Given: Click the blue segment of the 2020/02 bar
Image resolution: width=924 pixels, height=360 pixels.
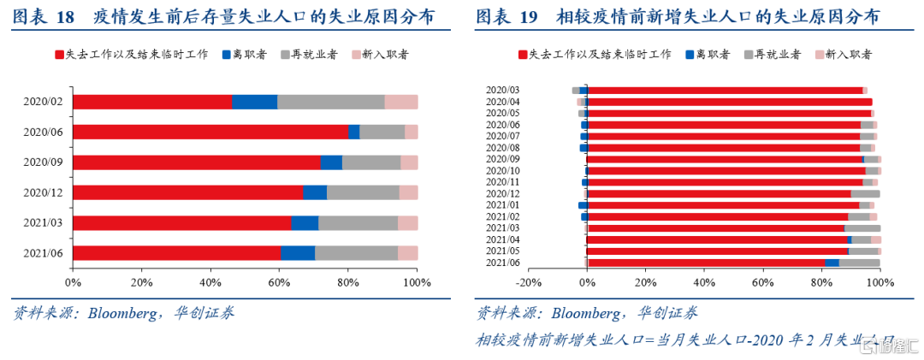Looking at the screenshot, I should (255, 102).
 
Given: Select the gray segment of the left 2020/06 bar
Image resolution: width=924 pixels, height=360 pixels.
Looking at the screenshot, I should (382, 132).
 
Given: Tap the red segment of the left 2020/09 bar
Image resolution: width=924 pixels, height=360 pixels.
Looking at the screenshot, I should (197, 162).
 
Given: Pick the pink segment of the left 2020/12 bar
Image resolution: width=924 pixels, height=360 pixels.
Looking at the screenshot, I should (408, 192).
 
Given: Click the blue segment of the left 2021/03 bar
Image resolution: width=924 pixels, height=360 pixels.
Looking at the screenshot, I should (305, 223).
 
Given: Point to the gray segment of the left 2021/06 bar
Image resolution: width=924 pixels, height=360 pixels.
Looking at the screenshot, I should (356, 253).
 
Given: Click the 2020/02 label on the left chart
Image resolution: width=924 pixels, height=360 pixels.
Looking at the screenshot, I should (44, 102).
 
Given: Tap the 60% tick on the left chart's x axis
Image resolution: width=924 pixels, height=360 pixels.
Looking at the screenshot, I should (279, 282).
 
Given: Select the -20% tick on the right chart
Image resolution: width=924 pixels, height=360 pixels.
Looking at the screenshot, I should (530, 282).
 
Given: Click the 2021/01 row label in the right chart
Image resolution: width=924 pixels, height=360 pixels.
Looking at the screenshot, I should (502, 204).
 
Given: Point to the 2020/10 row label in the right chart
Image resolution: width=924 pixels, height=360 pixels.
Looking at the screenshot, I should (502, 170).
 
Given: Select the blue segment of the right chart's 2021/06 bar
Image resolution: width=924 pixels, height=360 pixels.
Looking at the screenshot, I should (832, 263).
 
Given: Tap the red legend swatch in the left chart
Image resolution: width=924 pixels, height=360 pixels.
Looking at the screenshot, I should (59, 56).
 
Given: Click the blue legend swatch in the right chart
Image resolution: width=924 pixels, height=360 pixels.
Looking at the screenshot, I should (690, 56).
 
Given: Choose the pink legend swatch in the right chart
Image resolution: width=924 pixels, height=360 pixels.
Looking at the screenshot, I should (819, 56).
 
